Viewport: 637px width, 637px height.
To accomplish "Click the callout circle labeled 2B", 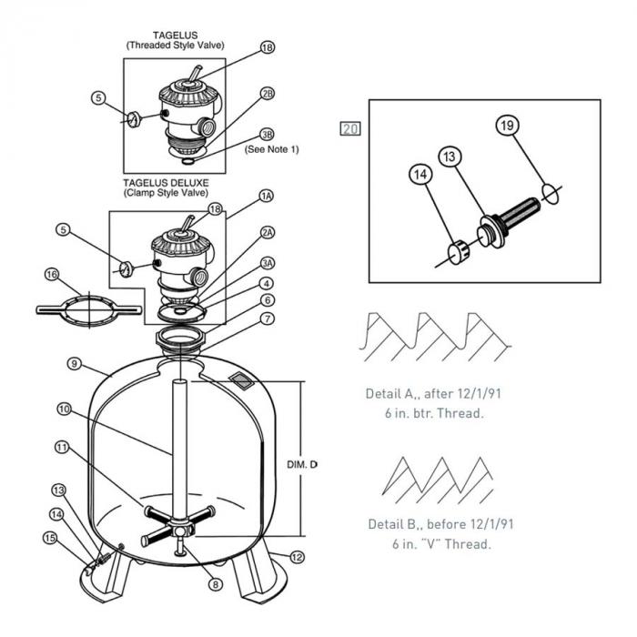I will pos(267,93).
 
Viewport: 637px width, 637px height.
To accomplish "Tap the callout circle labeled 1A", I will pos(266,196).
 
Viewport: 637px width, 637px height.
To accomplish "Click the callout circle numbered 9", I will pos(74,363).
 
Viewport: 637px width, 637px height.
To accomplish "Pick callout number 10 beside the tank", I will pos(64,409).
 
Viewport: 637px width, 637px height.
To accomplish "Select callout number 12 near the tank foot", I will pos(297,555).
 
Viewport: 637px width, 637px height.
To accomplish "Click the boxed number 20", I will pos(350,128).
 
